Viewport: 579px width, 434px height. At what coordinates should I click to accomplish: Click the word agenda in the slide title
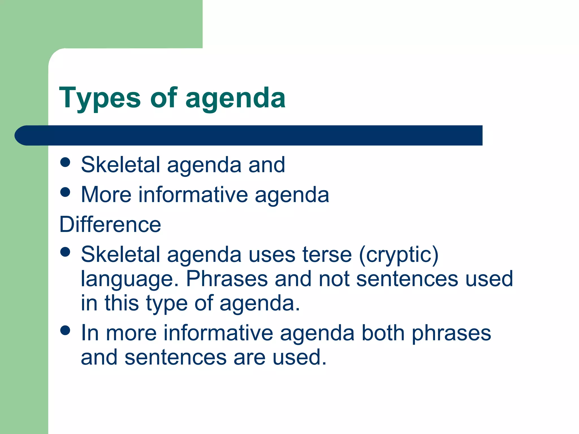[235, 99]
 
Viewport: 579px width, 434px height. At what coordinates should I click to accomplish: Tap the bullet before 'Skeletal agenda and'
[65, 162]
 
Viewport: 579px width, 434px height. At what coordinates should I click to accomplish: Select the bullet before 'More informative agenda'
[65, 192]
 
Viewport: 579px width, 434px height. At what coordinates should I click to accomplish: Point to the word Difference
[110, 224]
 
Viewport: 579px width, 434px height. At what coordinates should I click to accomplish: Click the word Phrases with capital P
[227, 279]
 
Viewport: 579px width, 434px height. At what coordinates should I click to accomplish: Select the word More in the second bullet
[106, 195]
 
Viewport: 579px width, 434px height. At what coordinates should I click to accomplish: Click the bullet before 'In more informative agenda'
[65, 330]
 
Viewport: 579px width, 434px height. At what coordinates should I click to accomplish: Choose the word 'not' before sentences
[334, 279]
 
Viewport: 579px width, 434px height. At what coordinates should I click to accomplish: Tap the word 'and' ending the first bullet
[266, 165]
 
